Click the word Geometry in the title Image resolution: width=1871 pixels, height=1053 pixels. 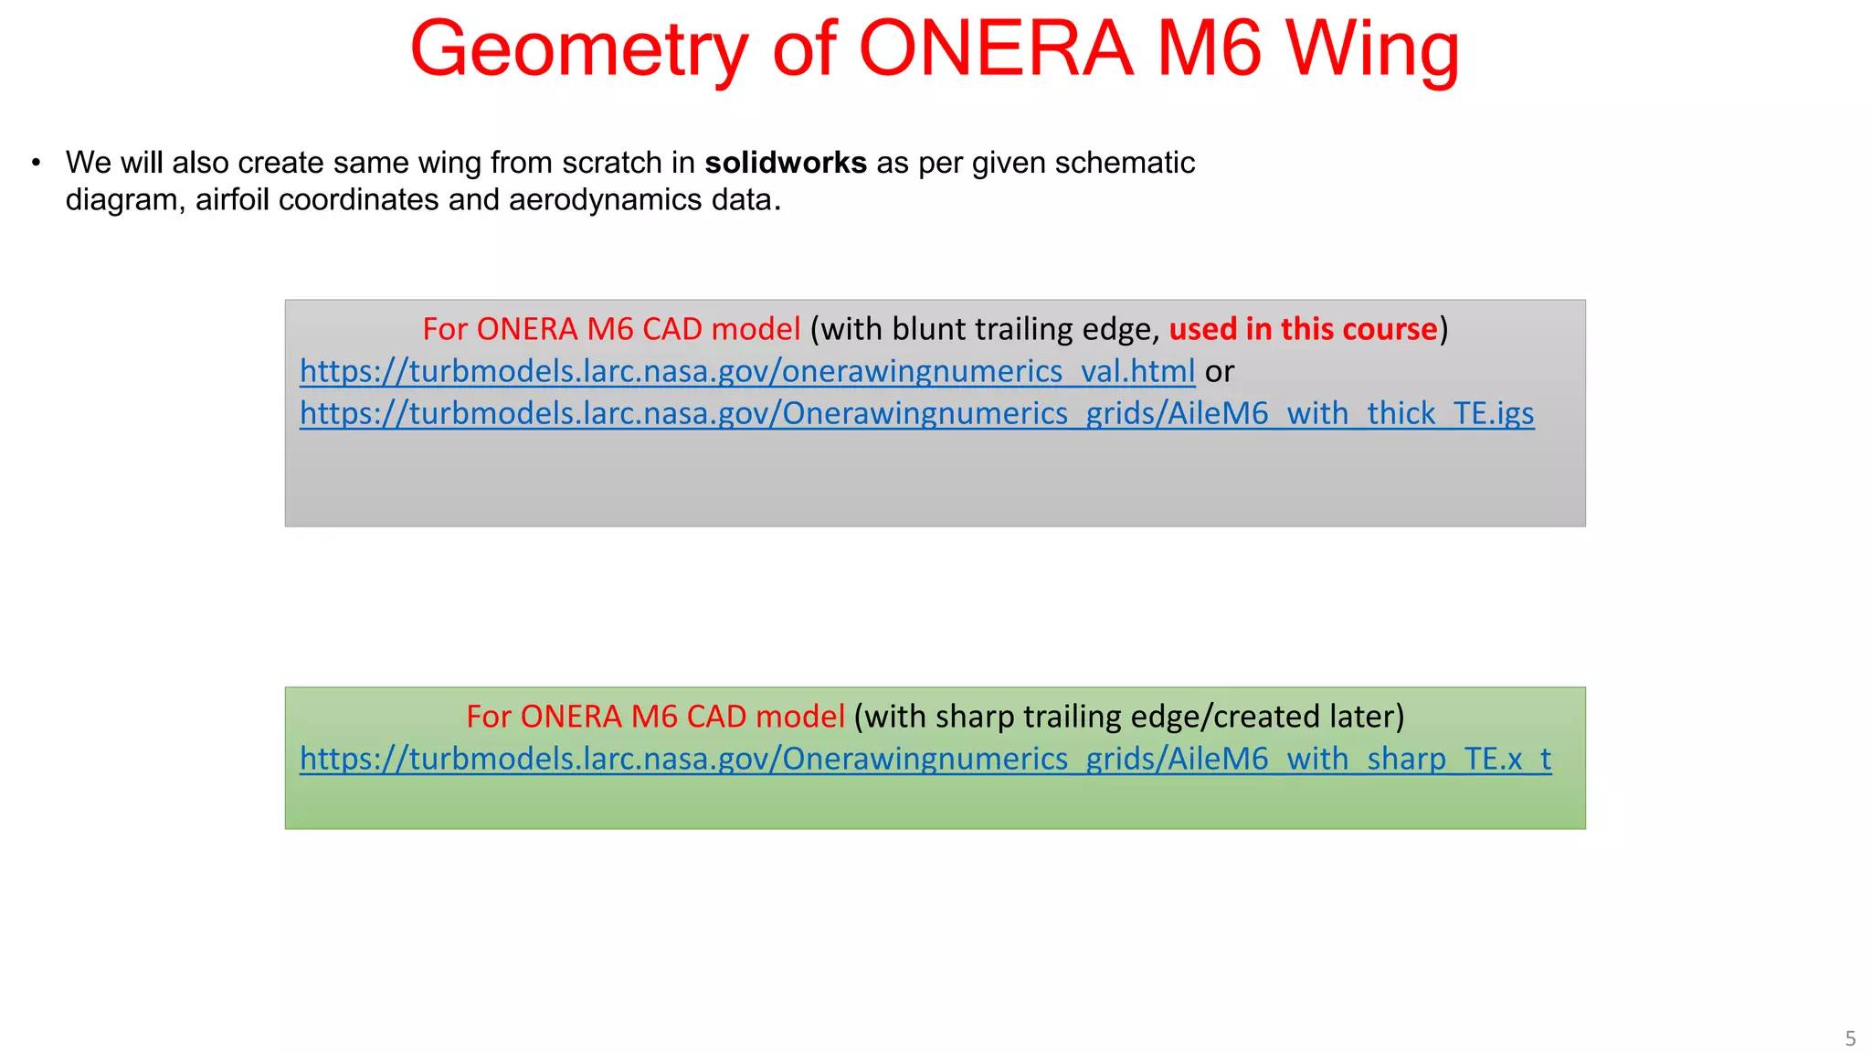579,49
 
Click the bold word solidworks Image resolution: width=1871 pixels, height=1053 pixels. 786,163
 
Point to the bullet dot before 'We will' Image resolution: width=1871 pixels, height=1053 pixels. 36,163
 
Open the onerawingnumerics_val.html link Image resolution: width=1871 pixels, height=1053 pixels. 747,371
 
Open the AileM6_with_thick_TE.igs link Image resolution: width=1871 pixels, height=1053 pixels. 916,413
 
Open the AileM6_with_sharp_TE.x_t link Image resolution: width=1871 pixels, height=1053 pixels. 925,759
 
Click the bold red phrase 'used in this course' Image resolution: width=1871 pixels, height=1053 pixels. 1303,329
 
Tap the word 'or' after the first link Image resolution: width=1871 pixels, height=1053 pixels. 1220,371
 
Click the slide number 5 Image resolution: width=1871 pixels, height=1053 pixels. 1850,1038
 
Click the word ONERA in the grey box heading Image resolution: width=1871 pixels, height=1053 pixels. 527,329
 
